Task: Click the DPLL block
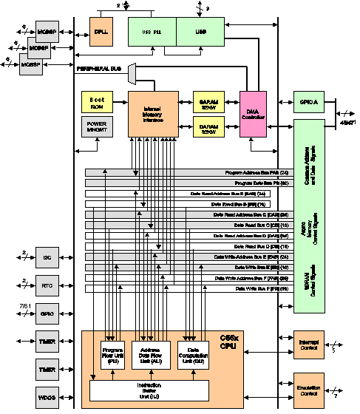[x=101, y=32]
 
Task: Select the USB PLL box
[x=152, y=32]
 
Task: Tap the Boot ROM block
[x=96, y=103]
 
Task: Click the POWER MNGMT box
[x=96, y=126]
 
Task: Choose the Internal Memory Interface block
[x=153, y=114]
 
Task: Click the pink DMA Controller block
[x=252, y=114]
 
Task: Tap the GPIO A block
[x=309, y=103]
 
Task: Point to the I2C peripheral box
[x=47, y=257]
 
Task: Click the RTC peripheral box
[x=47, y=285]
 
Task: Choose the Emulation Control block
[x=309, y=391]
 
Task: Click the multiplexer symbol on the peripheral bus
[x=132, y=72]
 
